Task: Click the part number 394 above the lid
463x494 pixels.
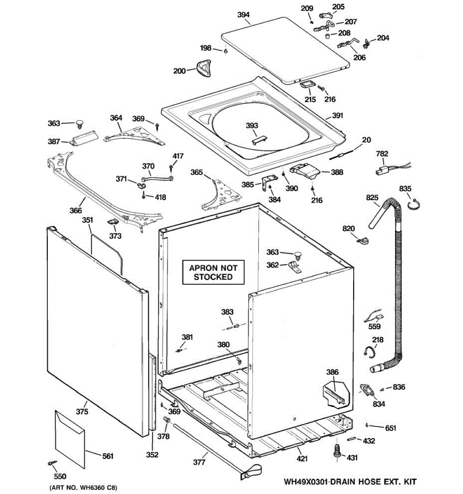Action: coord(244,15)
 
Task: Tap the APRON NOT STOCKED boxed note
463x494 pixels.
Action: coord(213,273)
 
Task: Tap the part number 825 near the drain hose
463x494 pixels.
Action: coord(372,198)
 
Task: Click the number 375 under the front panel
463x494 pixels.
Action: coord(82,411)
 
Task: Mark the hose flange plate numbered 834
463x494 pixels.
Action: coord(365,389)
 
